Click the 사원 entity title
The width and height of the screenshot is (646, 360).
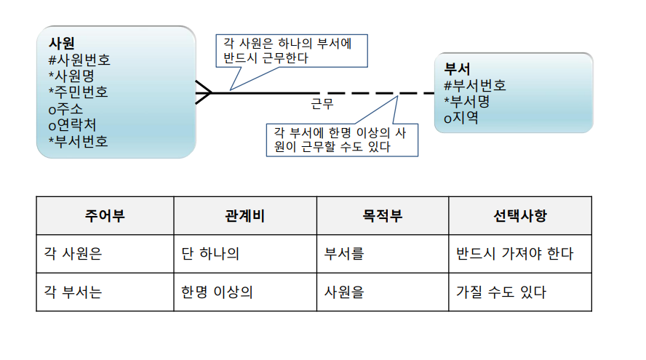62,43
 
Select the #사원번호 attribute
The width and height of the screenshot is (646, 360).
79,60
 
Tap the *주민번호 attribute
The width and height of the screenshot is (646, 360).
78,92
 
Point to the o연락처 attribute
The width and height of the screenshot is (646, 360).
72,124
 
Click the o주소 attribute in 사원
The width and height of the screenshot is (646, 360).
65,108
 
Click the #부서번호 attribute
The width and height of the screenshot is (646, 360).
474,86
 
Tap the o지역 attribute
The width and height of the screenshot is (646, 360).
461,118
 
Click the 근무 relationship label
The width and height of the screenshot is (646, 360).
322,105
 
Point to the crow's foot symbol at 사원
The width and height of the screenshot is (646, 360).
204,92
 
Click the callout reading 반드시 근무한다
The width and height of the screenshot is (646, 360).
291,51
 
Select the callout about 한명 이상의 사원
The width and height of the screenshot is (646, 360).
343,139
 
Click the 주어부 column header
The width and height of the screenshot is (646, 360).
105,216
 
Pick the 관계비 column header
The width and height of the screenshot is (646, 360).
244,216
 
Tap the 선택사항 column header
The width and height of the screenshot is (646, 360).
519,216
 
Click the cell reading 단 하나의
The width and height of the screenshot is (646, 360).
210,254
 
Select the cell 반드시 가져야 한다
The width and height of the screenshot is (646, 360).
514,254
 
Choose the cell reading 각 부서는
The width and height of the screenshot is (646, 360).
73,292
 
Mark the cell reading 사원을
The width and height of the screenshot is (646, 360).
344,292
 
